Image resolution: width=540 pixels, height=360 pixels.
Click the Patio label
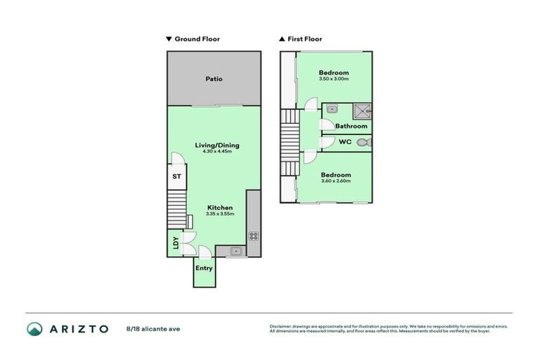(214, 79)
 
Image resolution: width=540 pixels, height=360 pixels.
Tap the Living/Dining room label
(217, 146)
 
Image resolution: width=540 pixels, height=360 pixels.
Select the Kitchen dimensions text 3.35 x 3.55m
(219, 214)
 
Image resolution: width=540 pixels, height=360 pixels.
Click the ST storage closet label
(177, 177)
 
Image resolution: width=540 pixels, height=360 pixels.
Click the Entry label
(204, 268)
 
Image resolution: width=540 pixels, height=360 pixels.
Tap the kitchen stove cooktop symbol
(254, 236)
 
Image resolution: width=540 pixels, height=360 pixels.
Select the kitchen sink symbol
(236, 250)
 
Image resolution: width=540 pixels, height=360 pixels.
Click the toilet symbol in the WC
(363, 142)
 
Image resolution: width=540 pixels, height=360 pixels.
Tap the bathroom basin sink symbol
(332, 109)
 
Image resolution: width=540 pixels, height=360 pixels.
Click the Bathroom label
(351, 126)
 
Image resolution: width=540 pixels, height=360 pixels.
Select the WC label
(345, 142)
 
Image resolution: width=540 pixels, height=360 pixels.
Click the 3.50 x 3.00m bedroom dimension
(333, 79)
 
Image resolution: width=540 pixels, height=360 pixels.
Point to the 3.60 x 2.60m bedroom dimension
(335, 181)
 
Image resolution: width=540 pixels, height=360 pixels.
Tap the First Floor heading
(304, 39)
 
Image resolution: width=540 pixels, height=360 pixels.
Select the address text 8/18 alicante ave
(153, 328)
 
